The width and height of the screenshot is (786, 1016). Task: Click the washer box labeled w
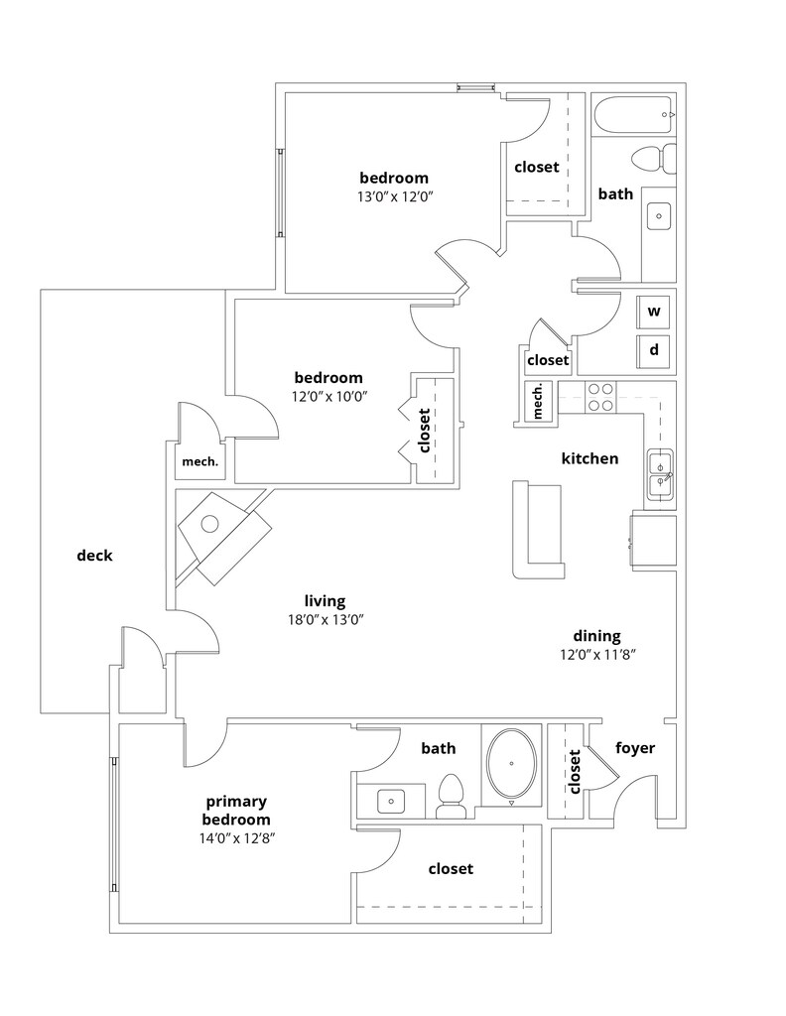pos(654,311)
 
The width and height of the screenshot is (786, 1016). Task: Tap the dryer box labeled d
pos(654,350)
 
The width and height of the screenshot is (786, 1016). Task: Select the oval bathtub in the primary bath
pos(512,765)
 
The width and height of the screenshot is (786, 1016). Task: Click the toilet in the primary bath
pos(452,796)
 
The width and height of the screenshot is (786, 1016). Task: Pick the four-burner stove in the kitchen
pos(599,397)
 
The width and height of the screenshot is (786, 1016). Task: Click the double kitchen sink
pos(660,473)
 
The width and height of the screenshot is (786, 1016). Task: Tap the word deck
pos(94,556)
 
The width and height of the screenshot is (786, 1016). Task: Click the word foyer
pos(635,748)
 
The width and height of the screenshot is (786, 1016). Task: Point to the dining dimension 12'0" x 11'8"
pos(596,654)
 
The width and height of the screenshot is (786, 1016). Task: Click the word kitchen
pos(589,458)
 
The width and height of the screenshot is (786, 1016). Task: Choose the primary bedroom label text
pos(236,810)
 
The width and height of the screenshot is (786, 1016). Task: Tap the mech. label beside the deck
pos(199,460)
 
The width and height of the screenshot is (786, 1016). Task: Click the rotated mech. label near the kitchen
pos(539,401)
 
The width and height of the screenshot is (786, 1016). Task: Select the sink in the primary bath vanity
pos(391,800)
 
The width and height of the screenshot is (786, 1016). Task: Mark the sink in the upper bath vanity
pos(659,212)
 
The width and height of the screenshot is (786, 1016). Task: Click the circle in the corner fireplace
pos(210,525)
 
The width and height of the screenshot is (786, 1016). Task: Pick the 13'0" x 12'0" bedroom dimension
pos(394,195)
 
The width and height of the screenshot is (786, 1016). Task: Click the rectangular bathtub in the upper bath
pos(634,114)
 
